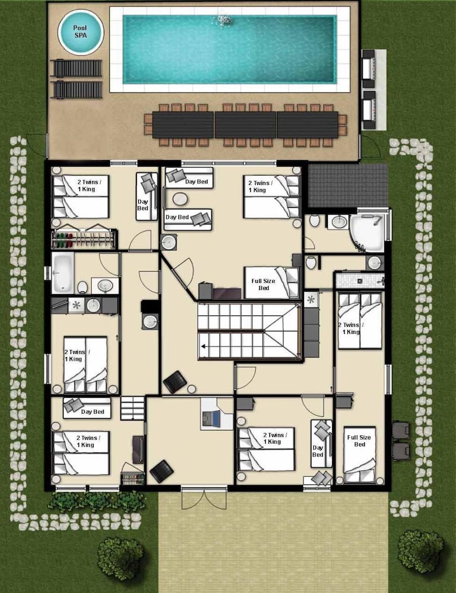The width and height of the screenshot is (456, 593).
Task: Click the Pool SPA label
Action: (80, 31)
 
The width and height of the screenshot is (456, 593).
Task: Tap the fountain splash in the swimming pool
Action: (223, 20)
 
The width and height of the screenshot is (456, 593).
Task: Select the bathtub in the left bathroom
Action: (62, 273)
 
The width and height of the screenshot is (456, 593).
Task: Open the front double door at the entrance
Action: (204, 499)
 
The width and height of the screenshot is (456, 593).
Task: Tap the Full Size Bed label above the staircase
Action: (263, 285)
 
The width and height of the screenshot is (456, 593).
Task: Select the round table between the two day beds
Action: (180, 199)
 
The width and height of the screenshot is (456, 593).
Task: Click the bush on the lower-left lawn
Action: (120, 559)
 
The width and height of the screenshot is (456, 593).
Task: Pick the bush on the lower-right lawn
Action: (420, 551)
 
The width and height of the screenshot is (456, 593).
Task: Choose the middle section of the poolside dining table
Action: (245, 125)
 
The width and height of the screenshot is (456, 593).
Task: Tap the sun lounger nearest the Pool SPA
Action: (76, 68)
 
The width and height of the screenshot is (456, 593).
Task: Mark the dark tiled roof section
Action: (348, 185)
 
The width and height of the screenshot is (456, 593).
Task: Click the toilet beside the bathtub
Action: (83, 287)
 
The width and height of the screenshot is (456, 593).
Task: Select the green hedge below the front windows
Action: (97, 502)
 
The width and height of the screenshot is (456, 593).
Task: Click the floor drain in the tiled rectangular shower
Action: (360, 281)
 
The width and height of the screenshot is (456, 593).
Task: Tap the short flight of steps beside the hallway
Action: (133, 408)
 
